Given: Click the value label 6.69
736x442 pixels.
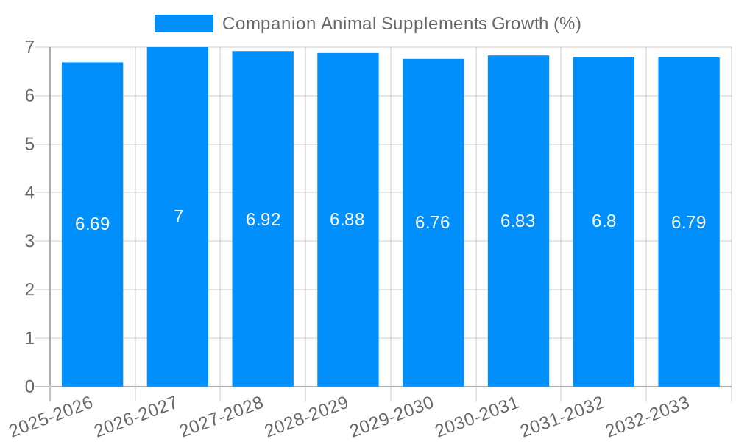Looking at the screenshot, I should click(x=92, y=224).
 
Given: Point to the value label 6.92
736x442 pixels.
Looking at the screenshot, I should click(x=263, y=220).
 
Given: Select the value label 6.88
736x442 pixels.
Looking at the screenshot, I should click(x=347, y=220).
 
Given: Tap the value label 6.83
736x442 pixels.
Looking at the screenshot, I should click(x=518, y=221).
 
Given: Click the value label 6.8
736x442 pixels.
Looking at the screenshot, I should click(x=604, y=221).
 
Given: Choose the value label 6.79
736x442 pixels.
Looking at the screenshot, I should click(x=688, y=222).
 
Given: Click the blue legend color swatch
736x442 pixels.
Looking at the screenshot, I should click(x=183, y=24).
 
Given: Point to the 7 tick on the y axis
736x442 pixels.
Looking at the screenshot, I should click(x=29, y=47).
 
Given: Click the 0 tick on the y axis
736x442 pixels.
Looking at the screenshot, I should click(x=29, y=387).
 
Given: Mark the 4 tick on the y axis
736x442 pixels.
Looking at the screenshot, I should click(x=29, y=193).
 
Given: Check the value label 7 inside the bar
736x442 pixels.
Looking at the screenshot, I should click(x=178, y=217).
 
